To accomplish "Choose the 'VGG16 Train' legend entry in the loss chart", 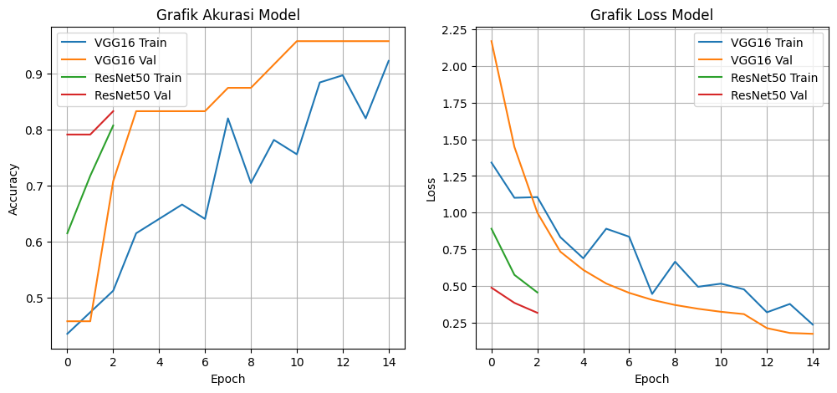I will coord(767,43).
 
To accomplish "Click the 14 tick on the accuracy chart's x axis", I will coord(388,362).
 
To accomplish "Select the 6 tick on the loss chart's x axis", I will coord(629,362).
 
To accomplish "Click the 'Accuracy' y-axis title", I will coord(13,188).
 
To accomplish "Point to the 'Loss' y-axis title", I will coord(431,188).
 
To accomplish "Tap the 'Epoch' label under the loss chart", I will coord(651,379).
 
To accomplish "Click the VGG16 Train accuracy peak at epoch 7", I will coord(228,118).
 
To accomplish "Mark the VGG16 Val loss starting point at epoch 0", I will coord(492,41).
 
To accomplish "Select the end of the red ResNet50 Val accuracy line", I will coord(113,111).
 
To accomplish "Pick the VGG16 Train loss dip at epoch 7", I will coord(651,293).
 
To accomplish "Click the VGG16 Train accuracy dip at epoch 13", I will coord(365,118).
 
